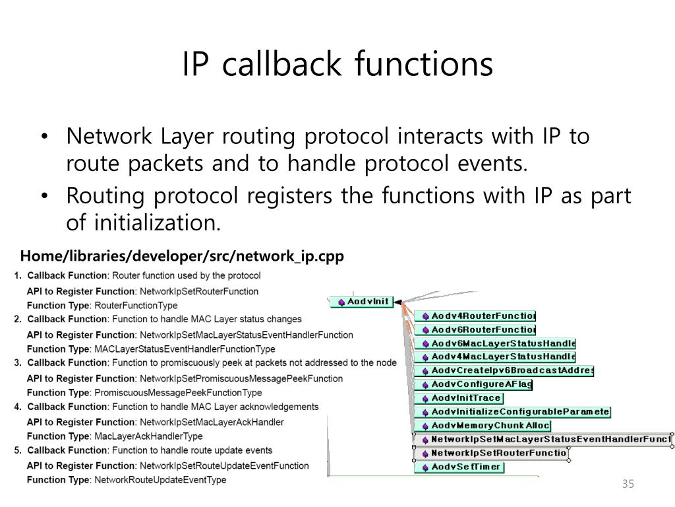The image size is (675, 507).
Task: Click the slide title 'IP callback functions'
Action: (x=337, y=64)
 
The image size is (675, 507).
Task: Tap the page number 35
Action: (x=627, y=485)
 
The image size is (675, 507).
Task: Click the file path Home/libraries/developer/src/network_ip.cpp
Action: (x=182, y=256)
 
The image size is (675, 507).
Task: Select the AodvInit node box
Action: (x=361, y=302)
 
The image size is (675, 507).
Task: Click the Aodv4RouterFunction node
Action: (x=475, y=316)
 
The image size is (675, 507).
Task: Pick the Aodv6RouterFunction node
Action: (x=475, y=329)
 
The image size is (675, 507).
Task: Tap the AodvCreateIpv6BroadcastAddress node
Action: (x=504, y=371)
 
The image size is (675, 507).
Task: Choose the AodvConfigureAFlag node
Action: (x=473, y=384)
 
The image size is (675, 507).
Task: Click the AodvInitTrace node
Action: (x=458, y=398)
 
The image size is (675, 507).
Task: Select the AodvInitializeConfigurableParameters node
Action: (x=512, y=412)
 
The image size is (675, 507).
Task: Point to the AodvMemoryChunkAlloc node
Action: (x=483, y=426)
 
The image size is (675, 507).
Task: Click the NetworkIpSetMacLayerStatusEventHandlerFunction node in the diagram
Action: (x=543, y=440)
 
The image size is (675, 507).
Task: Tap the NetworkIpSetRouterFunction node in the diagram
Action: (x=490, y=454)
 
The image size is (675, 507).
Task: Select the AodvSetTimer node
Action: (x=459, y=467)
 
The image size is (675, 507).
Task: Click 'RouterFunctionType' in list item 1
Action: (x=136, y=306)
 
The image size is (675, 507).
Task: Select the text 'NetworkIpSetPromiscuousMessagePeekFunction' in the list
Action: (x=241, y=378)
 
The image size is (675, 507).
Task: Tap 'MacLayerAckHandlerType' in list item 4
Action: (x=148, y=436)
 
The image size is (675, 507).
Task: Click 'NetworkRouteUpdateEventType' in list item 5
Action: (x=160, y=480)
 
